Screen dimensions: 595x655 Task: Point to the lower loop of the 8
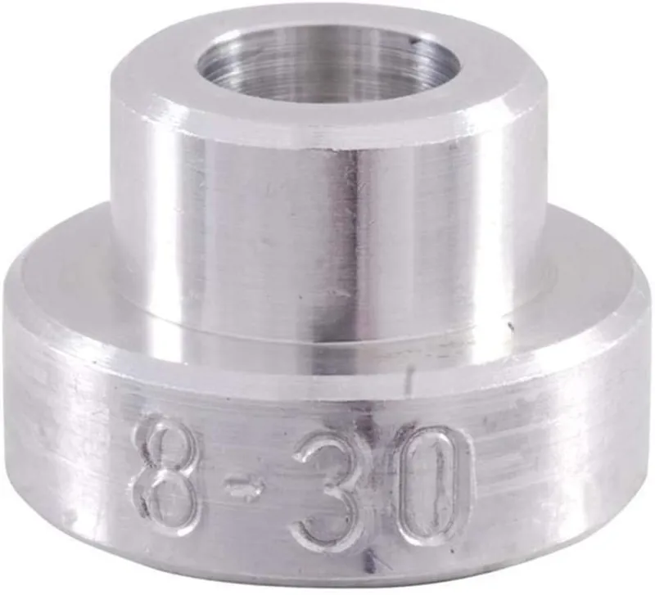pyautogui.click(x=169, y=495)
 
